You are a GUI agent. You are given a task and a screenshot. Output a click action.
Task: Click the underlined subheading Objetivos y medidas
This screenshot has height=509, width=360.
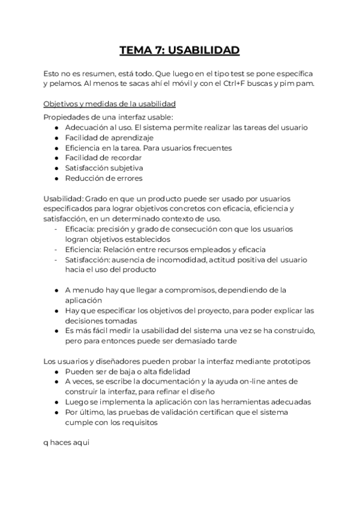tap(109, 103)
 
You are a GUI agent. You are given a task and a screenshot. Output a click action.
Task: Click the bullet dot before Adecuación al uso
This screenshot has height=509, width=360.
tap(56, 127)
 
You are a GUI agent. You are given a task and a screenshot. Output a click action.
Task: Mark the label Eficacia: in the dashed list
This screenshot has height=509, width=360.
tap(80, 229)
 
